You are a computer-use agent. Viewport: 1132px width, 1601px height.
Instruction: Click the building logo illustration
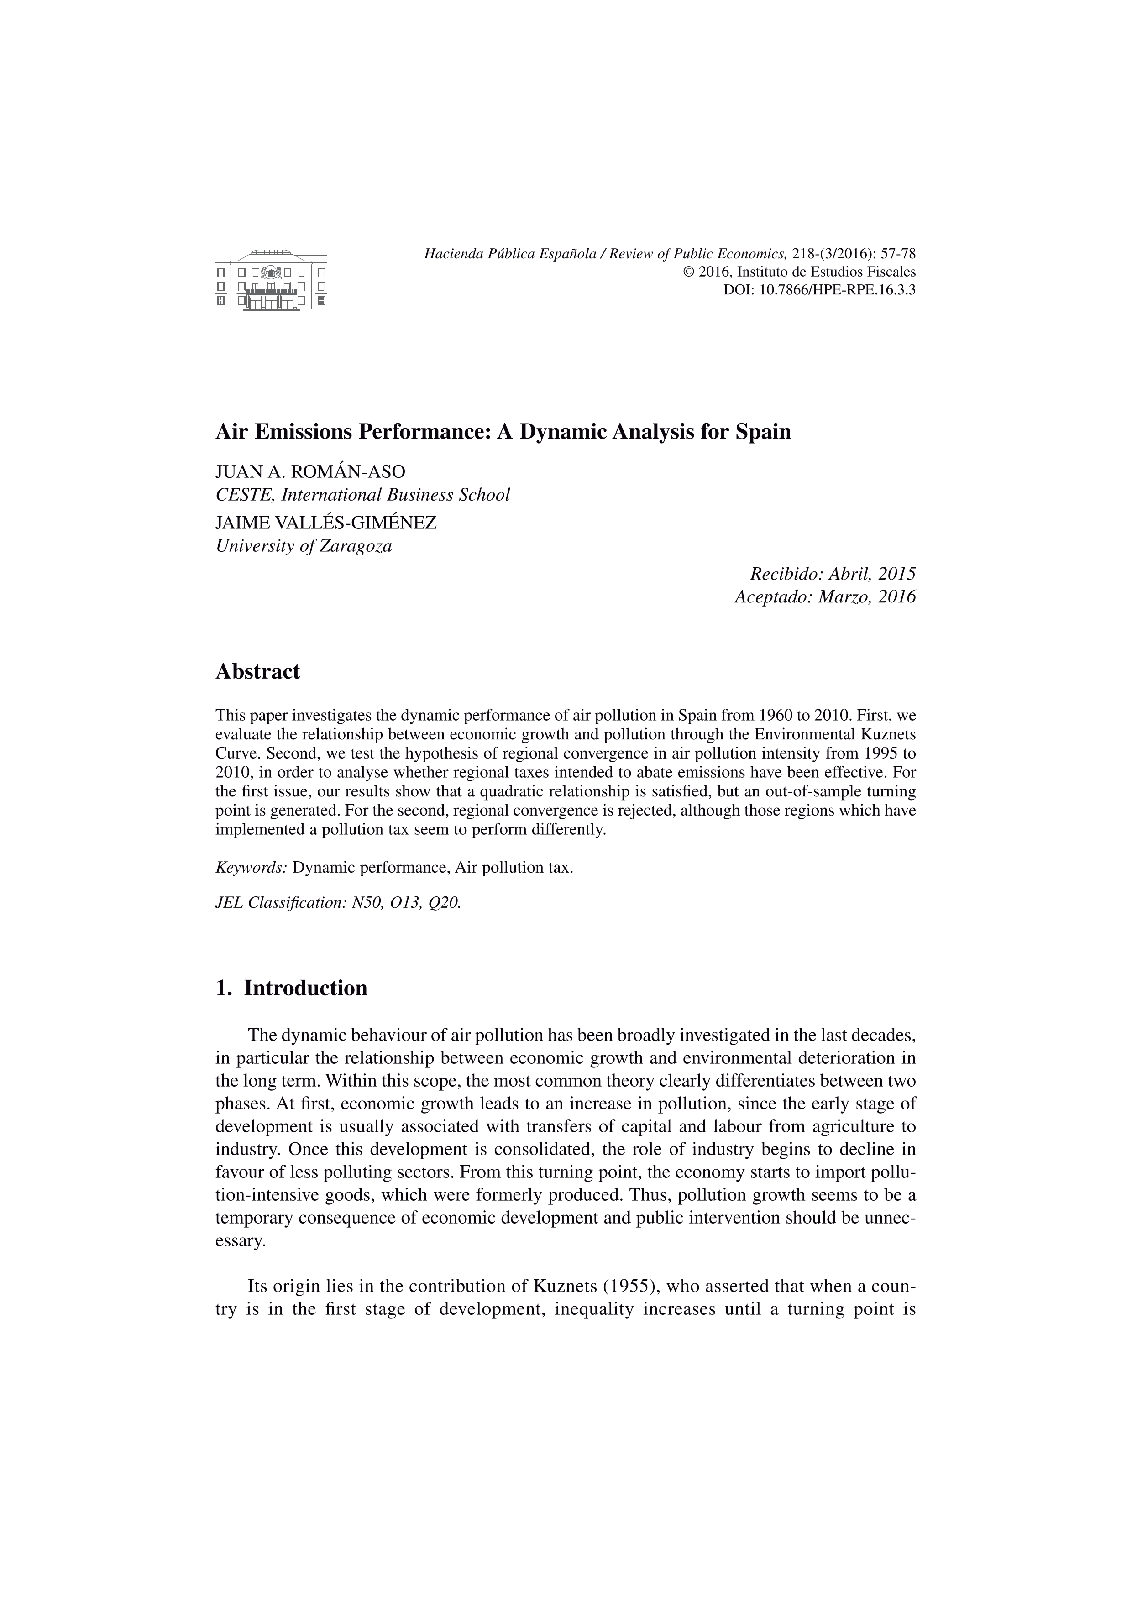[x=271, y=279]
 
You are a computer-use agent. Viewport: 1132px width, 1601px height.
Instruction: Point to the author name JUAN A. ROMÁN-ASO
[x=310, y=471]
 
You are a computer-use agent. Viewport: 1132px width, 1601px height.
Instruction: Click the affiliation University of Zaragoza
[x=304, y=546]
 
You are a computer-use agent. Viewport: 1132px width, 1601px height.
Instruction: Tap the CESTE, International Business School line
[x=363, y=495]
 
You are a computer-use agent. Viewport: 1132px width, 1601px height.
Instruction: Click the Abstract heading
[x=257, y=671]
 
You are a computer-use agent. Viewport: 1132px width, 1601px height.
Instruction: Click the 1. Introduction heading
[x=292, y=988]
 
